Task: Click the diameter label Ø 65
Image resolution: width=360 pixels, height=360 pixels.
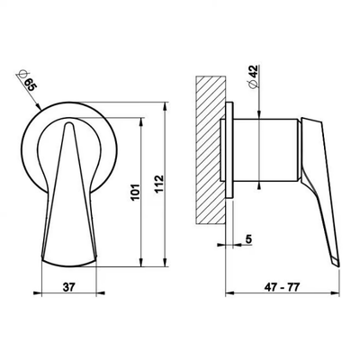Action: pos(27,80)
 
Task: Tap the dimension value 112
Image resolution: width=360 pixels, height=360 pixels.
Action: pos(159,184)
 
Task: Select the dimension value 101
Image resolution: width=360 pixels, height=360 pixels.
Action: pos(136,192)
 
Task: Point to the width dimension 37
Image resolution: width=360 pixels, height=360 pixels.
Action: pos(68,287)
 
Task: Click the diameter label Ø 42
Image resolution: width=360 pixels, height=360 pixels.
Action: pos(253,76)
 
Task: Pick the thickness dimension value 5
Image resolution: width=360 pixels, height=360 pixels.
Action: pos(248,238)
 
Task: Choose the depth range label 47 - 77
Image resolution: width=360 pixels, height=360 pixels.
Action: pos(282,287)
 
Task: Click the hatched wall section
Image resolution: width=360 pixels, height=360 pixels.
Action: pos(211,149)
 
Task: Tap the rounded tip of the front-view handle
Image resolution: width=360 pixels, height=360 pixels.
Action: pos(69,124)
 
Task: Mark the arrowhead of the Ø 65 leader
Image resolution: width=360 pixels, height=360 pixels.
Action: pos(38,106)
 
